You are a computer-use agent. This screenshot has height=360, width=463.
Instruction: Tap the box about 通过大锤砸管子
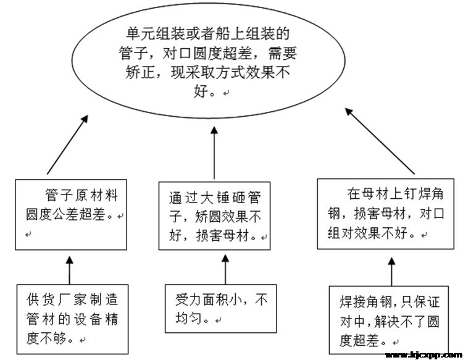tap(214, 214)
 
